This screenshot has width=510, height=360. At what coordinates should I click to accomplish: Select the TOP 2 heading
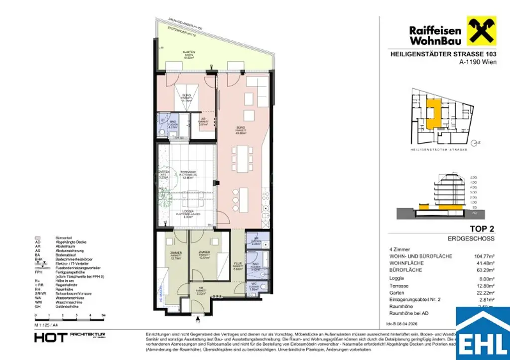tap(482, 229)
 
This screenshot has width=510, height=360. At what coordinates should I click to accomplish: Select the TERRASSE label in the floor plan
tap(188, 172)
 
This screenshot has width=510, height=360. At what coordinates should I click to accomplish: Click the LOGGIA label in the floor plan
tap(188, 212)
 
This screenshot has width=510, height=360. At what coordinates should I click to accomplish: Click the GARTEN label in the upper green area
tap(188, 52)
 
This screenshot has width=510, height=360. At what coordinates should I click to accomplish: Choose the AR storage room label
tap(203, 120)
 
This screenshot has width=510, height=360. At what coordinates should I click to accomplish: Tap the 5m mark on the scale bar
tap(102, 315)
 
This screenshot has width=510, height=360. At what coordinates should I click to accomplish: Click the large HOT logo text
tap(50, 337)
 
